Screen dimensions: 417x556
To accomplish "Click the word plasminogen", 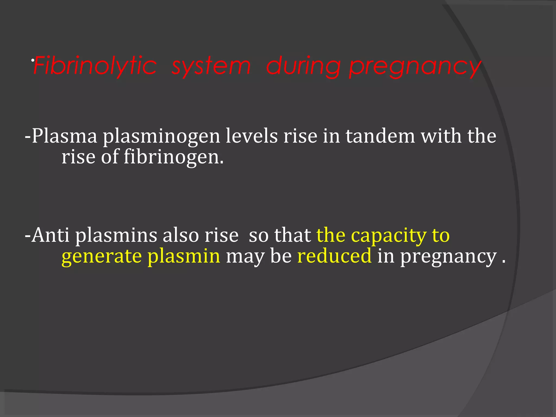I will point(161,137).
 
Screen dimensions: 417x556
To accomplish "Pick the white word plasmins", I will point(116,236).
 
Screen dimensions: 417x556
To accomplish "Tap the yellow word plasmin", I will point(184,257).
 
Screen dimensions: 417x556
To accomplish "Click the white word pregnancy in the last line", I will point(448,257).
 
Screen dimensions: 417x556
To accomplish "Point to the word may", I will point(245,257).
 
